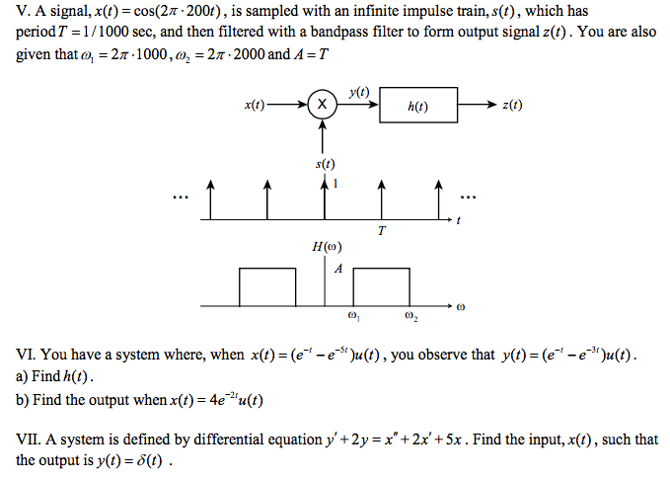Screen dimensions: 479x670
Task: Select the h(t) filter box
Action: pos(418,106)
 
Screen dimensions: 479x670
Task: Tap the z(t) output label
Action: pos(512,105)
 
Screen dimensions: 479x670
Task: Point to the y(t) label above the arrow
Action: pos(358,91)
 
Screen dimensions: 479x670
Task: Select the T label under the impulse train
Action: pos(380,230)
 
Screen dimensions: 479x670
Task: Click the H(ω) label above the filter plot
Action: pos(327,247)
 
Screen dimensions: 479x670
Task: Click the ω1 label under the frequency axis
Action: pos(353,317)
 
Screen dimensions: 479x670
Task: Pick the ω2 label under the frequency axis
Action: pos(410,317)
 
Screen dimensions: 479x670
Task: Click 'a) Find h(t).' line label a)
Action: pos(23,377)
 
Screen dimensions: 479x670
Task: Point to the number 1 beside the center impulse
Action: pos(337,184)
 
